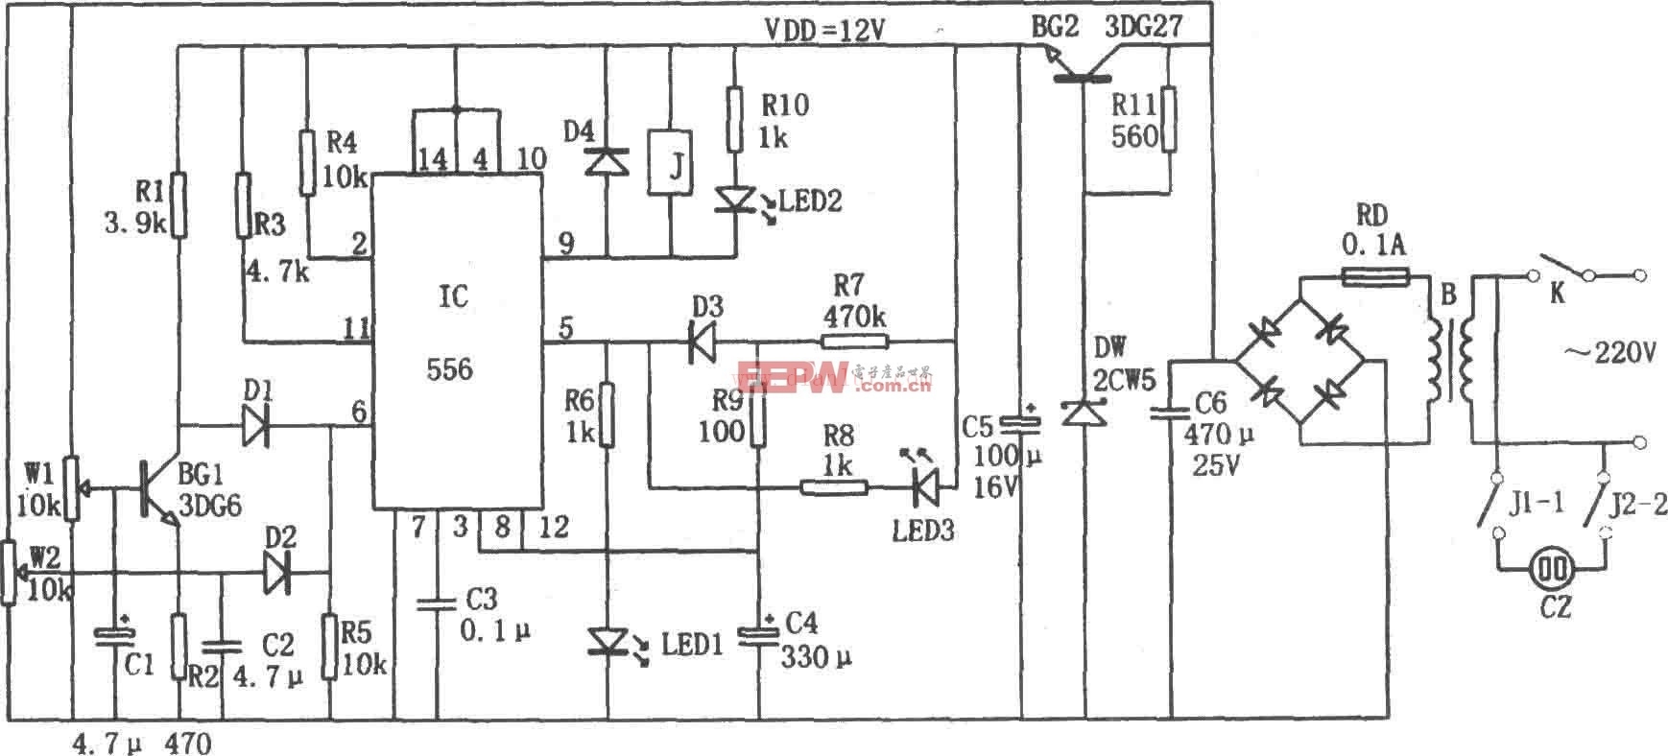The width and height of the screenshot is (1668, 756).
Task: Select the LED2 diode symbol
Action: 734,200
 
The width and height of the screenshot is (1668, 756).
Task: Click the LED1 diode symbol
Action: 607,639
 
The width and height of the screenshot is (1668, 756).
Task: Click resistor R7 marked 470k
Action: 855,341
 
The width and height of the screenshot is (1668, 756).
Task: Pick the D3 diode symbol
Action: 703,341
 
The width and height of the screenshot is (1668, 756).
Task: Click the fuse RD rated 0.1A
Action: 1373,278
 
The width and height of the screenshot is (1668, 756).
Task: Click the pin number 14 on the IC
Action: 433,159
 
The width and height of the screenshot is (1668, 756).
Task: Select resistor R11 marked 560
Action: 1168,120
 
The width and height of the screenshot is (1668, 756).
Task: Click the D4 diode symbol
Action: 606,160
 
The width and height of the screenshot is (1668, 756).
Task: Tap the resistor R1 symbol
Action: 179,204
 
